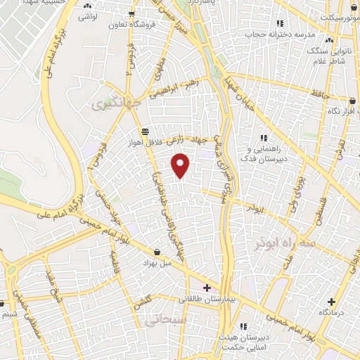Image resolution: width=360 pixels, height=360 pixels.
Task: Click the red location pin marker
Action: [x=181, y=165]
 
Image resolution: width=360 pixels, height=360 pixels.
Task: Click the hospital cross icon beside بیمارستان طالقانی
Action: [x=206, y=287]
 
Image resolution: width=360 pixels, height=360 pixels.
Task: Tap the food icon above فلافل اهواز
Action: [x=145, y=131]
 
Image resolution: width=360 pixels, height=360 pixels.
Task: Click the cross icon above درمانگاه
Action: [x=330, y=300]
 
